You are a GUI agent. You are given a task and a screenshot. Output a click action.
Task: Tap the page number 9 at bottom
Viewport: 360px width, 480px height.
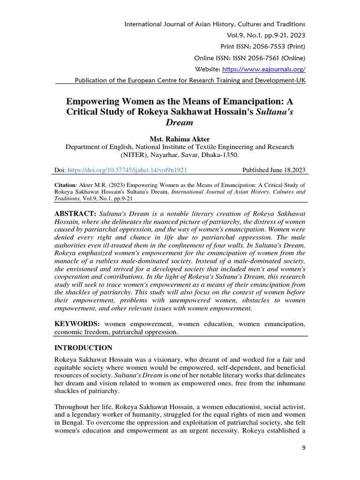[x=303, y=448]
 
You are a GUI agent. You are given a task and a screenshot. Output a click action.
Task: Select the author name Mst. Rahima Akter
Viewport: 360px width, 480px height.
[x=180, y=139]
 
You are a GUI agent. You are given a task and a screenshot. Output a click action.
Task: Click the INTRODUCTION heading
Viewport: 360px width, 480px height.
[x=83, y=348]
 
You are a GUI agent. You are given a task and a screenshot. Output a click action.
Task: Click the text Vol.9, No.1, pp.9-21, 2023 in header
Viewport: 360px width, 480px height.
[x=266, y=35]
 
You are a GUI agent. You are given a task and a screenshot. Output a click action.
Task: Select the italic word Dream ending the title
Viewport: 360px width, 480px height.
[x=180, y=122]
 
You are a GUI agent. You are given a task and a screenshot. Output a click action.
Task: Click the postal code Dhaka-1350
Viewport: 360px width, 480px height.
[x=221, y=155]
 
